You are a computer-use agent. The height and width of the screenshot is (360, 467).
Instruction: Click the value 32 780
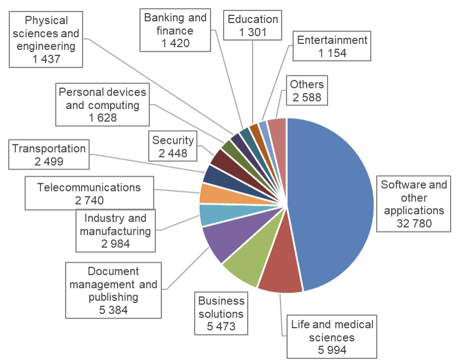pos(414,223)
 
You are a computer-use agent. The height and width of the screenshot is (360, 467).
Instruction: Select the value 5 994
pos(332,350)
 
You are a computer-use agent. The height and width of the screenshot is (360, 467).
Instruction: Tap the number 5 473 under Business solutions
pos(221,327)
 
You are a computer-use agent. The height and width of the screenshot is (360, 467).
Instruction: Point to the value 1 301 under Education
pos(253,32)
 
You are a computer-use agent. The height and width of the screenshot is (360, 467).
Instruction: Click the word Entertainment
pos(332,40)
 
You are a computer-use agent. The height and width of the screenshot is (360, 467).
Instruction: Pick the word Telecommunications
pos(89,188)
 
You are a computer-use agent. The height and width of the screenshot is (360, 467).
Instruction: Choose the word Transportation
pos(49,148)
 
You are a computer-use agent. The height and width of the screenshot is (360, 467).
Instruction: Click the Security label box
pos(173,146)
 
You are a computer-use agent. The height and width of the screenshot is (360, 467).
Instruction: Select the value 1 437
pos(46,59)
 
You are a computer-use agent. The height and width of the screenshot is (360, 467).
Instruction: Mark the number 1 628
pos(103,118)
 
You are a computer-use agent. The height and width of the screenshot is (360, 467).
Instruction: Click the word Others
pos(307,85)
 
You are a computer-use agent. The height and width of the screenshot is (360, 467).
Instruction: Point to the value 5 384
pos(114,310)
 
